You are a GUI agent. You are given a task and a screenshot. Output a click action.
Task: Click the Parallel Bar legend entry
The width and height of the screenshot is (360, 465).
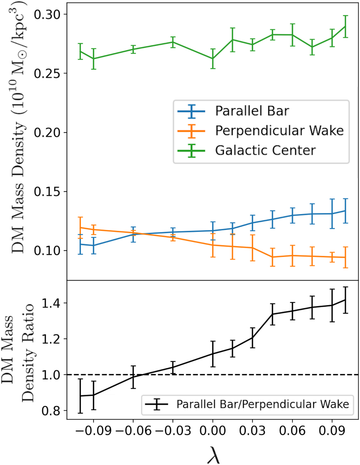point(252,111)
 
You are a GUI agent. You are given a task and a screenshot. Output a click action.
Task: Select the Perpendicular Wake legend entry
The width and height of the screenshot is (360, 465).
point(279,131)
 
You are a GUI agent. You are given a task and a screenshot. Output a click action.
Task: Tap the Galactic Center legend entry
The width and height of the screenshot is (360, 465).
point(265,150)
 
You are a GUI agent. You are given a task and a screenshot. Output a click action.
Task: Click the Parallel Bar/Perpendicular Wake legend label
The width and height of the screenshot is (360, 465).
point(262,404)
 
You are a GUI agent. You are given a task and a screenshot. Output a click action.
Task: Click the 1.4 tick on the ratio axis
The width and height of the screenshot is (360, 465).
point(53,303)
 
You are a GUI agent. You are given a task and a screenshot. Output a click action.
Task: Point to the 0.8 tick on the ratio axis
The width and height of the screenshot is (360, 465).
point(53,411)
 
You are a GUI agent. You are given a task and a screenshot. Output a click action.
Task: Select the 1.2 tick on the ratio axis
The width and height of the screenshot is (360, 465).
point(53,339)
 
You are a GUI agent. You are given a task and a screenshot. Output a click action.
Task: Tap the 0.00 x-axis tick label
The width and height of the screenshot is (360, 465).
point(213,431)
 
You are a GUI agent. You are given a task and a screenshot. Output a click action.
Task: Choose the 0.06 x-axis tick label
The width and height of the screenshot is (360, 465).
point(292,431)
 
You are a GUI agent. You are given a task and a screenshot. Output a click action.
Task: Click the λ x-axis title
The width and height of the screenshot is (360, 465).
point(213,455)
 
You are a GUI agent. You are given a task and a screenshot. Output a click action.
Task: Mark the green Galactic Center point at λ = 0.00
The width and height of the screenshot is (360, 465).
point(213,58)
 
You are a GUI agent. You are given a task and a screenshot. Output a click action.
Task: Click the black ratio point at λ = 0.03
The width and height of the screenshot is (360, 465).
point(252,338)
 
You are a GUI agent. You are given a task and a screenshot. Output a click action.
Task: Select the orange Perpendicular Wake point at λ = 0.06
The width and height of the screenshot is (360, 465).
point(292,256)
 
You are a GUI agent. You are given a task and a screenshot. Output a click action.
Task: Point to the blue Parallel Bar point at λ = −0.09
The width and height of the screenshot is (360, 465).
point(94,245)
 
